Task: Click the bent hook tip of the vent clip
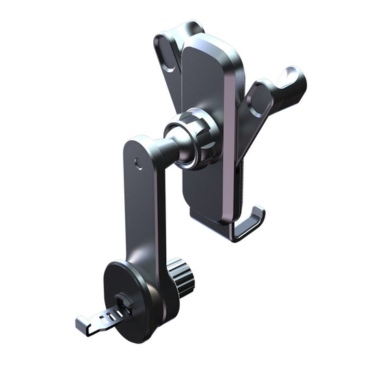(x=80, y=321)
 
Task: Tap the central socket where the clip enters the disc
(x=124, y=302)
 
